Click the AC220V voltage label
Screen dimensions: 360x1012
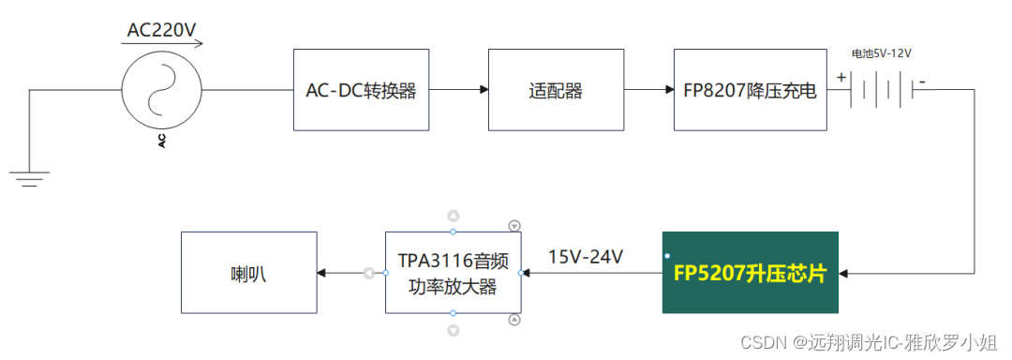[x=161, y=30]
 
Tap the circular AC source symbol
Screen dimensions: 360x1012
[x=162, y=90]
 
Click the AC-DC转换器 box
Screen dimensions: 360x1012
[x=361, y=91]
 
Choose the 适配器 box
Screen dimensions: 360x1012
[x=556, y=91]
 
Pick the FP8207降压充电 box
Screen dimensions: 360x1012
[x=750, y=91]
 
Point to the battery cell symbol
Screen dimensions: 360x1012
[x=881, y=91]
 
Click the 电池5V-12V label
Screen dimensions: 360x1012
[x=881, y=54]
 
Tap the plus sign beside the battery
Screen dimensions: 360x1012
[x=841, y=79]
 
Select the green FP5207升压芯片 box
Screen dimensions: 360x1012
[x=751, y=273]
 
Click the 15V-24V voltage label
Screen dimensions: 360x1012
[x=586, y=256]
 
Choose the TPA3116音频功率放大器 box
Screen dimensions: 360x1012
[x=454, y=273]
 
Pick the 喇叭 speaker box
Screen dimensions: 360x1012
[x=248, y=273]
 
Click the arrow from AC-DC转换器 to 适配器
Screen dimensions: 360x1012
[x=459, y=91]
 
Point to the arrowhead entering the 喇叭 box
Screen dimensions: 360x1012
[x=321, y=273]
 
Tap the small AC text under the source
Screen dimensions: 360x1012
[x=162, y=141]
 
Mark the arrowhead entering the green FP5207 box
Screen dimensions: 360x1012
[x=844, y=273]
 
